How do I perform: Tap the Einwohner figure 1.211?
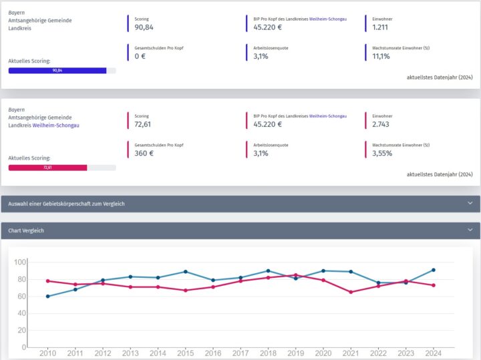click(x=380, y=28)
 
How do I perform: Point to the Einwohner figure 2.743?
click(x=381, y=124)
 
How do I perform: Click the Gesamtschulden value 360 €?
click(x=144, y=153)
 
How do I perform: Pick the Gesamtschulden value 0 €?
click(x=140, y=57)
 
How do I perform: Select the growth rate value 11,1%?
click(x=381, y=57)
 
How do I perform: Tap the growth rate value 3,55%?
click(x=382, y=153)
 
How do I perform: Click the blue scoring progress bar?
click(x=57, y=70)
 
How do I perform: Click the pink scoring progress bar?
click(x=47, y=167)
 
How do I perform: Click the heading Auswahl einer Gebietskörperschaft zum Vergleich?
click(x=66, y=204)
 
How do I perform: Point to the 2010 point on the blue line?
click(x=47, y=296)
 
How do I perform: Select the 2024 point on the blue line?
click(x=434, y=270)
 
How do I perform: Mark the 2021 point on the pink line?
click(x=351, y=292)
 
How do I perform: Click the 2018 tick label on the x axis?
click(x=268, y=353)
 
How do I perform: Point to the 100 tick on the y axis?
click(x=19, y=262)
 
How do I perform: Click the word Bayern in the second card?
click(x=17, y=109)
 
